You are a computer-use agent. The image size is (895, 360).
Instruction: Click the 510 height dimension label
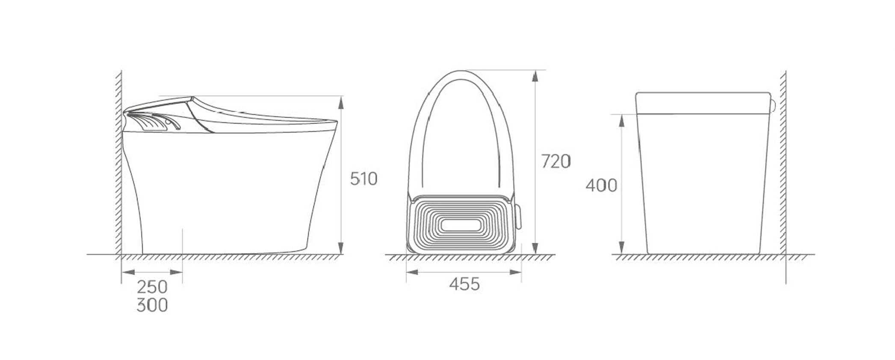tap(363, 179)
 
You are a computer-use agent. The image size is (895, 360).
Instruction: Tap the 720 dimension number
tap(556, 162)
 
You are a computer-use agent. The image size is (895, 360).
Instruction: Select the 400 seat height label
tap(601, 186)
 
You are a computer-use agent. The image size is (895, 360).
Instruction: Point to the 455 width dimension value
tap(464, 284)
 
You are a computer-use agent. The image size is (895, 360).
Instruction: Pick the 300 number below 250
tap(152, 305)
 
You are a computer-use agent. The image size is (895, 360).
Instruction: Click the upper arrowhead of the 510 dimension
tap(341, 103)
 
